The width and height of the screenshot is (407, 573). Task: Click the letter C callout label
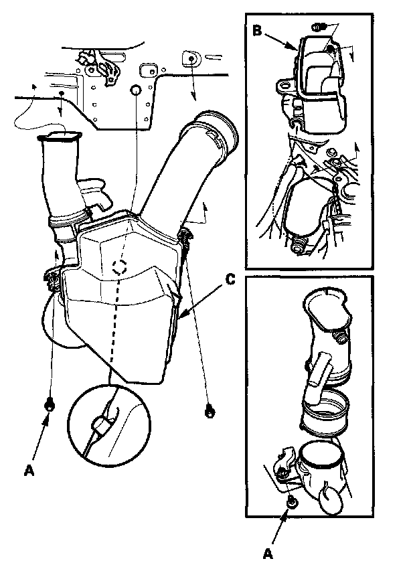[x=230, y=280]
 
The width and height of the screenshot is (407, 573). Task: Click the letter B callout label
[x=257, y=31]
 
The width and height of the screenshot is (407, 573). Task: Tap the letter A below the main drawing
[x=29, y=470]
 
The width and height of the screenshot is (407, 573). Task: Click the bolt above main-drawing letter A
[x=50, y=405]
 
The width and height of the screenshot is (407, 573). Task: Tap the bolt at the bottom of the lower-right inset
[x=291, y=503]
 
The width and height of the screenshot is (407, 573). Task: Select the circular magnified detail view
[x=109, y=424]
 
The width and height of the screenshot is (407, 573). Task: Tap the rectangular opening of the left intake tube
[x=60, y=137]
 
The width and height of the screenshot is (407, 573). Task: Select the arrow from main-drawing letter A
[x=39, y=439]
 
